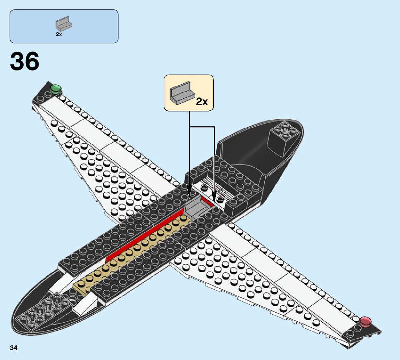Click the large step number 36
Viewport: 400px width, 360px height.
coord(25,62)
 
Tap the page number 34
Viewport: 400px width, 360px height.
coord(14,348)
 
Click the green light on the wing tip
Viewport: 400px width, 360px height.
coord(55,89)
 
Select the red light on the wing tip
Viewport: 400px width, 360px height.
coord(365,321)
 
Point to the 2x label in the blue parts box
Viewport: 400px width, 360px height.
coord(59,34)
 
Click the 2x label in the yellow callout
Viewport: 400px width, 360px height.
coord(202,101)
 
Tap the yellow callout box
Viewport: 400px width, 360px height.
coord(188,93)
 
